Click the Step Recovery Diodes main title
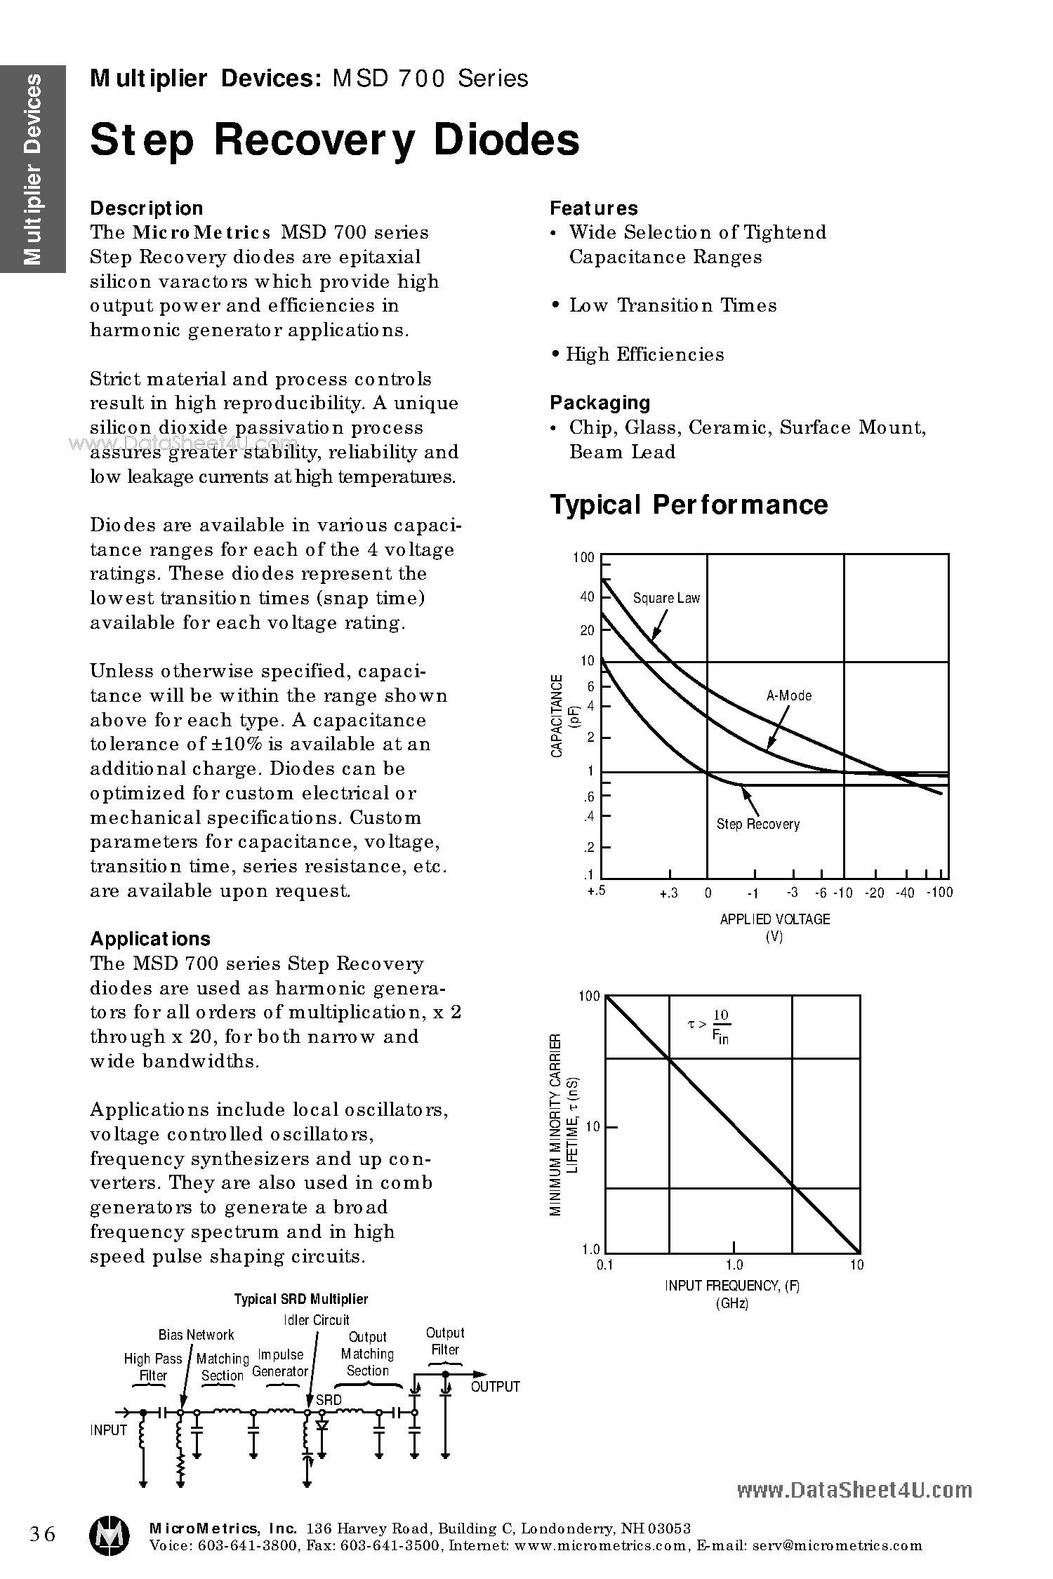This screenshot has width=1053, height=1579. click(335, 140)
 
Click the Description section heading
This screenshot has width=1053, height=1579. click(147, 208)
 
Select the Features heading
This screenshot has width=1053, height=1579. click(593, 208)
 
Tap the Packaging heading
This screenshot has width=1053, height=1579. click(600, 403)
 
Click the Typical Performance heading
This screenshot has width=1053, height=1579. click(689, 505)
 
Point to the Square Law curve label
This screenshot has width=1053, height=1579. click(666, 598)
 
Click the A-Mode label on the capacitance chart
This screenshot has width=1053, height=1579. click(788, 695)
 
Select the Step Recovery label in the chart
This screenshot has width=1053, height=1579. click(757, 824)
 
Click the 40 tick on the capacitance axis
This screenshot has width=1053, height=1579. click(587, 597)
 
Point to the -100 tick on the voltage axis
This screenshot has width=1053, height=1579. click(939, 893)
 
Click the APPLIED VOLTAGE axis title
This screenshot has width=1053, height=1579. click(774, 919)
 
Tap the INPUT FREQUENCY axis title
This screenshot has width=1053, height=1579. click(732, 1286)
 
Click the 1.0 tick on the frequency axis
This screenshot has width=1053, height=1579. click(734, 1265)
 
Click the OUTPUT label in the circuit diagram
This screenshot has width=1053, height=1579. click(495, 1387)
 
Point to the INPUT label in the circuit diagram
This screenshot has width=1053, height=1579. click(109, 1430)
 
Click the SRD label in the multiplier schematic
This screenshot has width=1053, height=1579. click(329, 1400)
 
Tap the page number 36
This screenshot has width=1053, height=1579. click(42, 1534)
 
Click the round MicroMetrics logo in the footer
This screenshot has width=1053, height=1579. click(109, 1535)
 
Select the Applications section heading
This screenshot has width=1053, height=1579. click(150, 939)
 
